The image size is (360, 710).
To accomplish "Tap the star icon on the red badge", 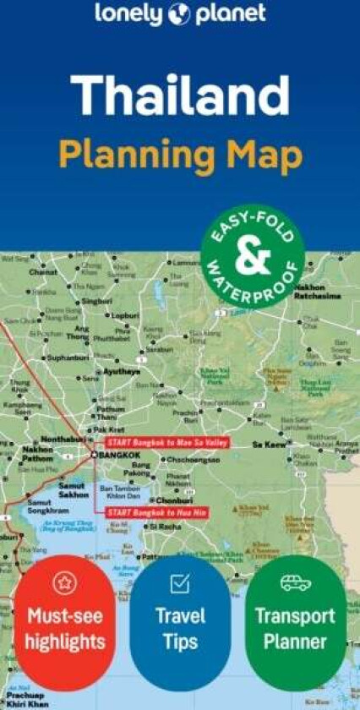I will pos(64,583).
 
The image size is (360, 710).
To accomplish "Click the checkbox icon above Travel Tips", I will pos(180,582).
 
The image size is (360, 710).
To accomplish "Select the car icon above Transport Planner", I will pos(296,582).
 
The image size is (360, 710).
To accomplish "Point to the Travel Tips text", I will pos(180,628).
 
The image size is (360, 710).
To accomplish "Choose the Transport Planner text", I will pos(296,628).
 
